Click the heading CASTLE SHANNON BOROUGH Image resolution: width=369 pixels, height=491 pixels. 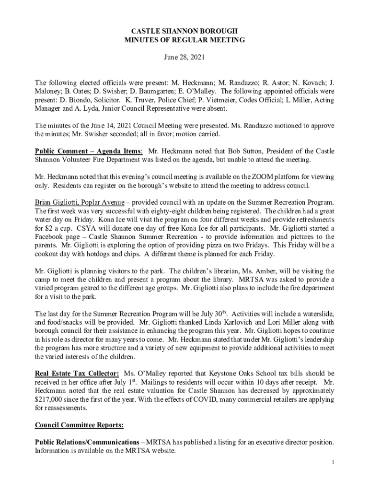(x=184, y=31)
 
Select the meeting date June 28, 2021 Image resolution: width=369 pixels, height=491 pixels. (x=184, y=58)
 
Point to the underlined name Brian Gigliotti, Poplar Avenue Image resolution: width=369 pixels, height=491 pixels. (x=80, y=203)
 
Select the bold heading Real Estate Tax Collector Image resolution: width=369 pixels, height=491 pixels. (x=77, y=374)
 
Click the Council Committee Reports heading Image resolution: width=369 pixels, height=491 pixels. (x=79, y=425)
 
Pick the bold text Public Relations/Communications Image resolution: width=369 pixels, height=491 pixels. (x=87, y=442)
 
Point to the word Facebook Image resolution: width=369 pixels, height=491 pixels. (x=50, y=237)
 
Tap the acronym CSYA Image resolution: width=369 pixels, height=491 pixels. (x=74, y=228)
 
